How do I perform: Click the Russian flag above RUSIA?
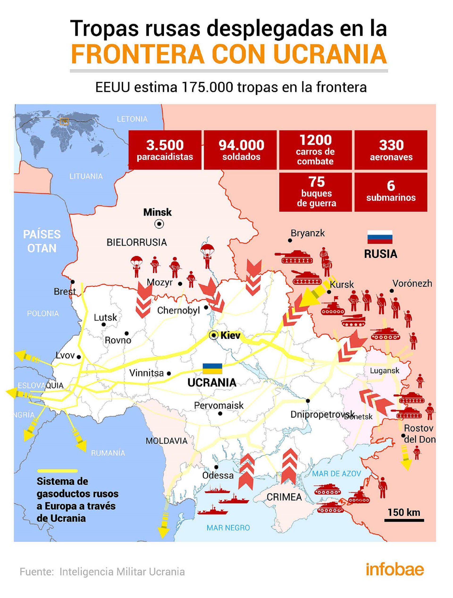coord(379,237)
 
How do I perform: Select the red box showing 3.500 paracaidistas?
coord(165,150)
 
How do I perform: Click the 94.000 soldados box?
coord(240,150)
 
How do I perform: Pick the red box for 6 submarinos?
coord(391,192)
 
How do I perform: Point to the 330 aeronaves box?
coord(391,150)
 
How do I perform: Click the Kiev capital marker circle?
coord(214,336)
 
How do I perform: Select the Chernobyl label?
coord(178,310)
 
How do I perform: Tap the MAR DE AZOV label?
coord(336,473)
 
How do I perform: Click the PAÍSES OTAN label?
coord(42,241)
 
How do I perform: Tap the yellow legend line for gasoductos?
coord(57,471)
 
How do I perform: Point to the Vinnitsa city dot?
coord(169,374)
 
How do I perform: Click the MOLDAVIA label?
coord(167,441)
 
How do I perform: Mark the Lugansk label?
coord(385,371)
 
